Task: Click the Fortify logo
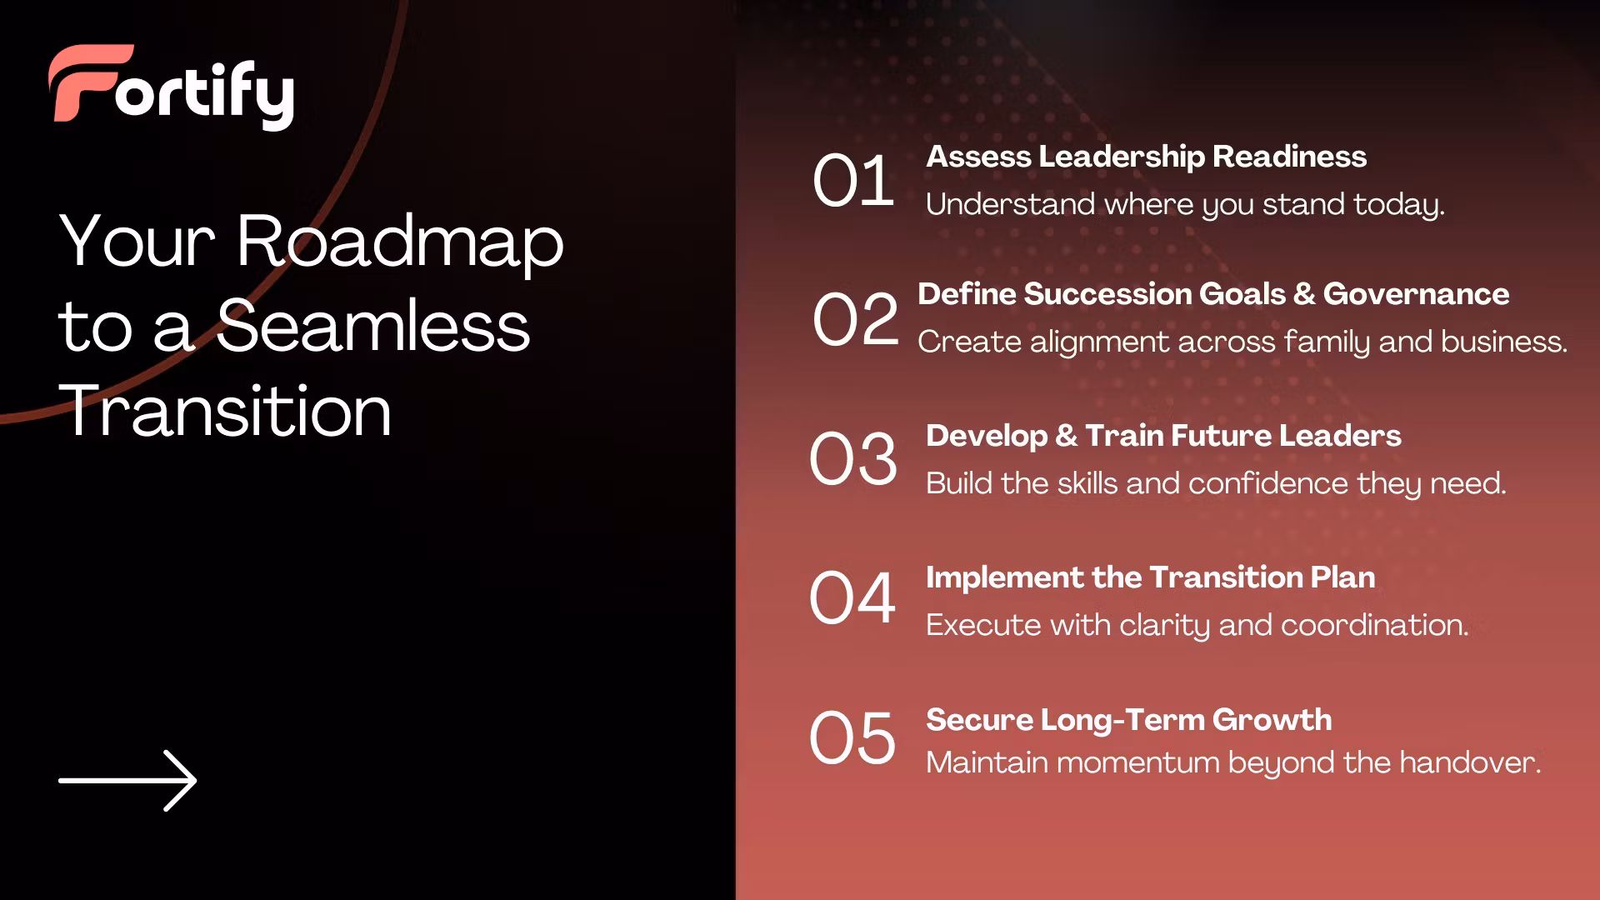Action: pyautogui.click(x=172, y=87)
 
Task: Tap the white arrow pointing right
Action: pyautogui.click(x=127, y=781)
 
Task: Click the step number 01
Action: pyautogui.click(x=853, y=181)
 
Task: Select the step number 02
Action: pyautogui.click(x=856, y=319)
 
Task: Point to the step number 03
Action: pyautogui.click(x=853, y=458)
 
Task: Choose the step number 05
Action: pyautogui.click(x=852, y=738)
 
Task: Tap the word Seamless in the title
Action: pyautogui.click(x=373, y=325)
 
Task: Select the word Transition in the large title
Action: pyautogui.click(x=225, y=410)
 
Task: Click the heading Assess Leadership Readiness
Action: pyautogui.click(x=1146, y=156)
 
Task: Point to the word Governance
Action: pyautogui.click(x=1416, y=293)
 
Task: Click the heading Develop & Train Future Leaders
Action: pyautogui.click(x=1163, y=435)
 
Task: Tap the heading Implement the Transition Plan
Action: pyautogui.click(x=1150, y=577)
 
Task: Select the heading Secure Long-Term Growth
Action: pyautogui.click(x=1128, y=719)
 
